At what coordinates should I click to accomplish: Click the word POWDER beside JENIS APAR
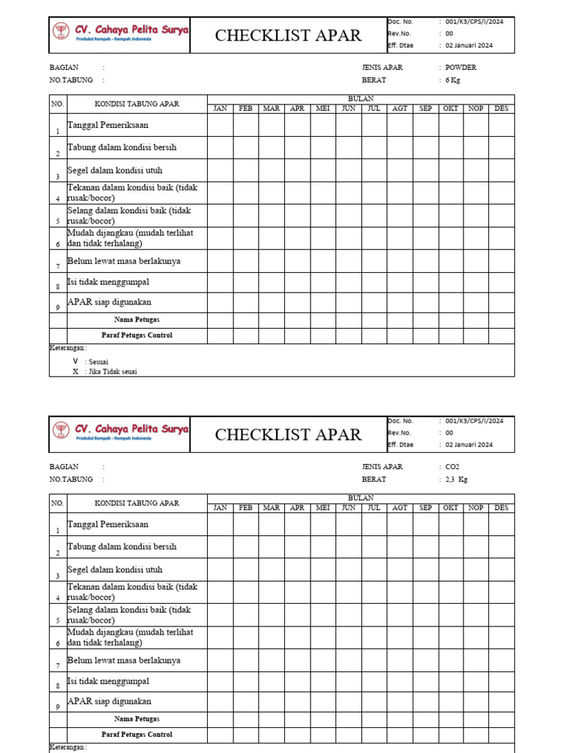pyautogui.click(x=460, y=67)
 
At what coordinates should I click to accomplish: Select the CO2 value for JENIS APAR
pyautogui.click(x=452, y=466)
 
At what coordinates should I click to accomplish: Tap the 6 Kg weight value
pyautogui.click(x=452, y=80)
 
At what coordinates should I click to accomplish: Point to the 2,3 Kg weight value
pyautogui.click(x=456, y=479)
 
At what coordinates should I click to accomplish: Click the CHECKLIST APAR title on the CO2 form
pyautogui.click(x=288, y=435)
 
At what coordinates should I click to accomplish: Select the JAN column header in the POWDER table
pyautogui.click(x=220, y=109)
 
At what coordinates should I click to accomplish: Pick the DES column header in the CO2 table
pyautogui.click(x=502, y=508)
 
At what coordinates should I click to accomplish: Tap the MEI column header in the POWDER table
pyautogui.click(x=322, y=109)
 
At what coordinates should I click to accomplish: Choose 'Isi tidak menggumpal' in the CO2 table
pyautogui.click(x=108, y=682)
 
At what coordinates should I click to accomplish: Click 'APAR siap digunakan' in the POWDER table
pyautogui.click(x=109, y=302)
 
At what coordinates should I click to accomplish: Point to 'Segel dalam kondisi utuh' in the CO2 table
pyautogui.click(x=115, y=570)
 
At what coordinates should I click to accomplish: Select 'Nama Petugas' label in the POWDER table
pyautogui.click(x=137, y=320)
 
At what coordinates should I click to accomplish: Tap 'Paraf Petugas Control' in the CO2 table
pyautogui.click(x=137, y=735)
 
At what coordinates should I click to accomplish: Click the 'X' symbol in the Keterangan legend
pyautogui.click(x=75, y=371)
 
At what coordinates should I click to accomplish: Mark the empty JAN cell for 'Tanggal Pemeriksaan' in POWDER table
pyautogui.click(x=220, y=125)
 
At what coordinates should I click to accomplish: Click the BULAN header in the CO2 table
pyautogui.click(x=361, y=499)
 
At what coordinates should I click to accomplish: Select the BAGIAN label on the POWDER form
pyautogui.click(x=64, y=67)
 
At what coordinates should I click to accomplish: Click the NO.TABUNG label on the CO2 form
pyautogui.click(x=71, y=479)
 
